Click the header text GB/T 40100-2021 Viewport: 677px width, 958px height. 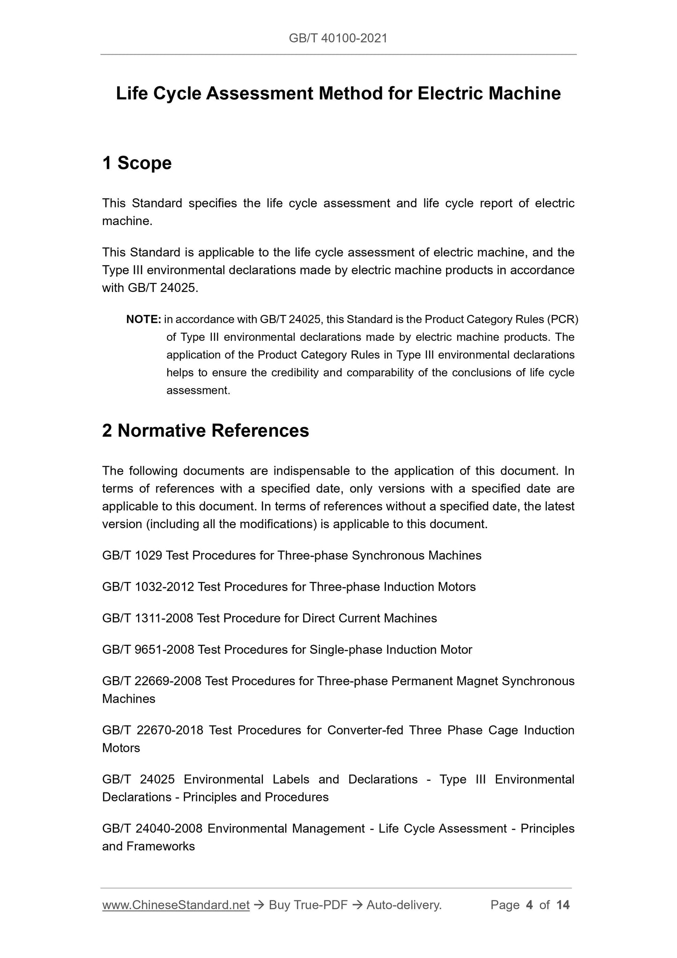[x=338, y=38]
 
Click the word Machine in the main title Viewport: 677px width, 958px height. [x=524, y=94]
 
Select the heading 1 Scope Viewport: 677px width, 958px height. [x=137, y=163]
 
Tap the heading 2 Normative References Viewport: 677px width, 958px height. [x=205, y=430]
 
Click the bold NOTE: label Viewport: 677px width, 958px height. [x=144, y=320]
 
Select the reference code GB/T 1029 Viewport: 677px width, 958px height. [x=132, y=555]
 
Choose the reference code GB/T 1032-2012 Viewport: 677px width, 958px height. [x=148, y=587]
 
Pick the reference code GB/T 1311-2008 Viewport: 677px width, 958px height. [x=148, y=618]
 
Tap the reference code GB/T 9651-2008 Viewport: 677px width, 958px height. [x=148, y=650]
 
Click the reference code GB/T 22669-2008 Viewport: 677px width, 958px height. [x=152, y=681]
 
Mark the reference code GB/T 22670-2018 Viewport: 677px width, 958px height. [x=153, y=730]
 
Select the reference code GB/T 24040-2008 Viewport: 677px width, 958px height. [x=152, y=829]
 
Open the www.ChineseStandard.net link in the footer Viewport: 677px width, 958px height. [x=176, y=905]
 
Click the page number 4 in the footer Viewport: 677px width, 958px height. [x=529, y=905]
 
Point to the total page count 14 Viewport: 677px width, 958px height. [x=563, y=905]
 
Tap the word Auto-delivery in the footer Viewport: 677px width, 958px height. [x=403, y=905]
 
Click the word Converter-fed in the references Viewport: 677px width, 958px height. [x=365, y=730]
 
